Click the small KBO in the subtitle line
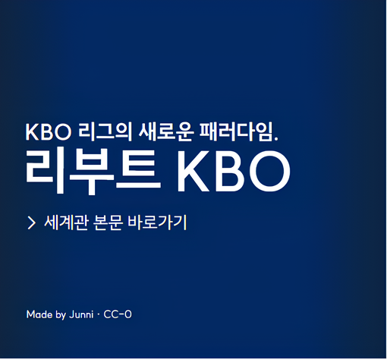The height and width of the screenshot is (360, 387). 49,132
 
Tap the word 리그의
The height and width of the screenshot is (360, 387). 105,132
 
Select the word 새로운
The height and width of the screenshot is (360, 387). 166,132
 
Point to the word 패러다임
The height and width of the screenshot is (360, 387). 236,132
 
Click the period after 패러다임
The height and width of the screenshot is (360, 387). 275,138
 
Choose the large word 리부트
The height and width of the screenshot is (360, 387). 93,172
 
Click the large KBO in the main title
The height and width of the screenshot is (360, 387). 234,172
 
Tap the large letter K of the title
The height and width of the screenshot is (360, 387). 193,172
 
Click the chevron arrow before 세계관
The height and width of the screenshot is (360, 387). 31,223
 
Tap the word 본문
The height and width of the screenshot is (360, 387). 108,223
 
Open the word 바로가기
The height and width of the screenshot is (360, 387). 157,223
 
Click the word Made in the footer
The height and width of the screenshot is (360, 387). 39,314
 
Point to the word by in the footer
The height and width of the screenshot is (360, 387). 61,315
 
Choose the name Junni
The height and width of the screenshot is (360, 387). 81,314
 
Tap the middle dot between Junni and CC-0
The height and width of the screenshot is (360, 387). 99,314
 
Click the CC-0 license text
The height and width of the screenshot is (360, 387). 118,314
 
